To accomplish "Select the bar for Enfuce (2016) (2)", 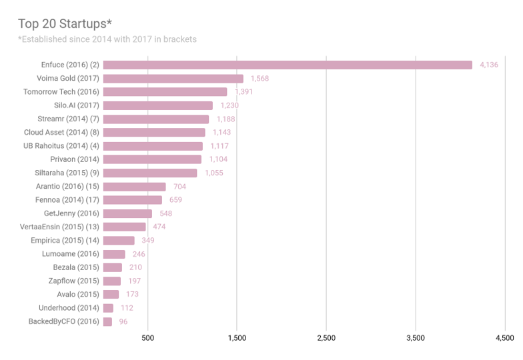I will [288, 65].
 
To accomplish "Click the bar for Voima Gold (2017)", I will [173, 79].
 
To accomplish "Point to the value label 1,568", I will [259, 79].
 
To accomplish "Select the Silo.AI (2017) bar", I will [158, 105].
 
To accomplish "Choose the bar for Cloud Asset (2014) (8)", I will [154, 132].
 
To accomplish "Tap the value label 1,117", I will [219, 146].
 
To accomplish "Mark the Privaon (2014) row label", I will [75, 159].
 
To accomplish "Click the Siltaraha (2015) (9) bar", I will [150, 173].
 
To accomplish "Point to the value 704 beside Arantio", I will [179, 186].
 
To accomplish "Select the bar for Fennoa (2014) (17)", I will [133, 199].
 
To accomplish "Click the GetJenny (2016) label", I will [71, 213].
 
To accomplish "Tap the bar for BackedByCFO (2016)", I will [107, 321].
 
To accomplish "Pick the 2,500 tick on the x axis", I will [326, 338].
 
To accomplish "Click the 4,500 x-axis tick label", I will [504, 338].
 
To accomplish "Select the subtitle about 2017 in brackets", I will [107, 39].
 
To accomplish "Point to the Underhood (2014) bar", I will [108, 307].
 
